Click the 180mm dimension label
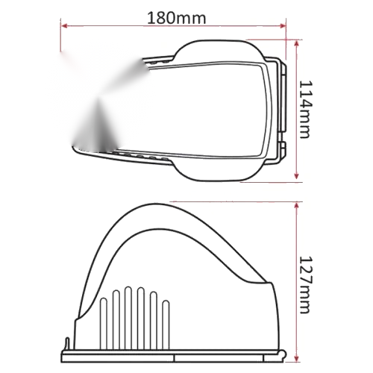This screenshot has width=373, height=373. [177, 18]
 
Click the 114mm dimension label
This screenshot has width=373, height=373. [305, 109]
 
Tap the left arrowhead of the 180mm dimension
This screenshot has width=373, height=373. [64, 25]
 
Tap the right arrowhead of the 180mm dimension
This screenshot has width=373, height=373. [283, 25]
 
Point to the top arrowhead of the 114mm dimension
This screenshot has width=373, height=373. [296, 44]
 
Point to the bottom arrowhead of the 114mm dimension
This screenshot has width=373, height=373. [296, 175]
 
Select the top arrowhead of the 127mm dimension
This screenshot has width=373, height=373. [296, 207]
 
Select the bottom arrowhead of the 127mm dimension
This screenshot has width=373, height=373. [296, 358]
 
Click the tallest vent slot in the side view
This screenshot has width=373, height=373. [128, 318]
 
